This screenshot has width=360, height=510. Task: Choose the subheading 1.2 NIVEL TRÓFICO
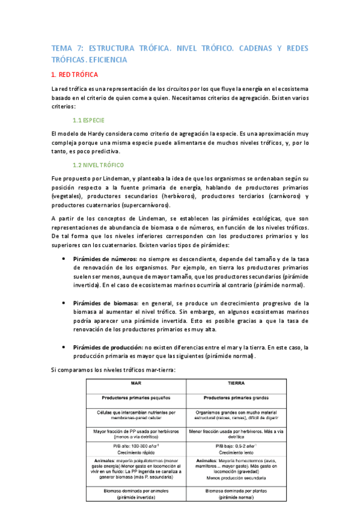click(x=98, y=165)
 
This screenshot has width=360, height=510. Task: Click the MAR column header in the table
click(x=136, y=382)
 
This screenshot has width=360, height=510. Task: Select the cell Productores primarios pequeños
click(x=136, y=398)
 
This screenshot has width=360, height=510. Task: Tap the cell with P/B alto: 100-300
click(x=136, y=449)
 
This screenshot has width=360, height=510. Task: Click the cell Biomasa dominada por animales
click(x=136, y=494)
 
